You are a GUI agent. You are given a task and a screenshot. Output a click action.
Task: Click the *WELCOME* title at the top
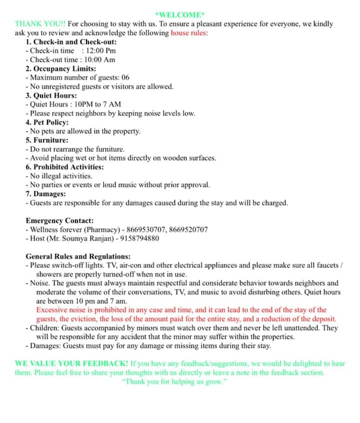[x=179, y=14]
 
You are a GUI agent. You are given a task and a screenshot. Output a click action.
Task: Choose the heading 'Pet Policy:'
[x=51, y=122]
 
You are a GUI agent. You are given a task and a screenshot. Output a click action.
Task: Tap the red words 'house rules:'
[x=189, y=33]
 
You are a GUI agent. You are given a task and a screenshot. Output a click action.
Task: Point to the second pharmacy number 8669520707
[x=188, y=229]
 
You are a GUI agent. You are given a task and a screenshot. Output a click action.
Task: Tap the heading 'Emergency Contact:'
[x=59, y=220]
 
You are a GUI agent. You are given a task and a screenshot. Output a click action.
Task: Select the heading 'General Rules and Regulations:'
[x=78, y=256]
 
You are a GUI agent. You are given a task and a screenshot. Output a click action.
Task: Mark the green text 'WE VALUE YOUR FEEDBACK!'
[x=71, y=363]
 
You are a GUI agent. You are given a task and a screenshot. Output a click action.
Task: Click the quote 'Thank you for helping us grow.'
[x=179, y=381]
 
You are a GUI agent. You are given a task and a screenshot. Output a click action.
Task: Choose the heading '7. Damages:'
[x=45, y=194]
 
